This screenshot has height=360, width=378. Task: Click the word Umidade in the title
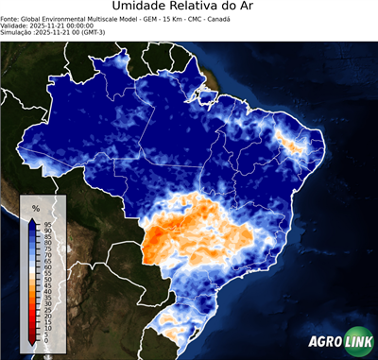[x=144, y=7]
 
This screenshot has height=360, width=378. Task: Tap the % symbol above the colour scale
[x=35, y=208]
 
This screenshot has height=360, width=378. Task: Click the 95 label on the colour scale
[x=46, y=224]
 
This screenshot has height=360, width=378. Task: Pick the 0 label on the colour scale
[x=44, y=338]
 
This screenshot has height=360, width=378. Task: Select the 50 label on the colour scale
[x=46, y=279]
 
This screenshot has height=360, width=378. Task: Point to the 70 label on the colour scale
[x=46, y=254]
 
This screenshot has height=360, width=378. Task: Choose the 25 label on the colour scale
[x=46, y=309]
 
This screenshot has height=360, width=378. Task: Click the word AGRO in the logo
[x=323, y=342]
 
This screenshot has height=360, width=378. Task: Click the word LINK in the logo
[x=356, y=342]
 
